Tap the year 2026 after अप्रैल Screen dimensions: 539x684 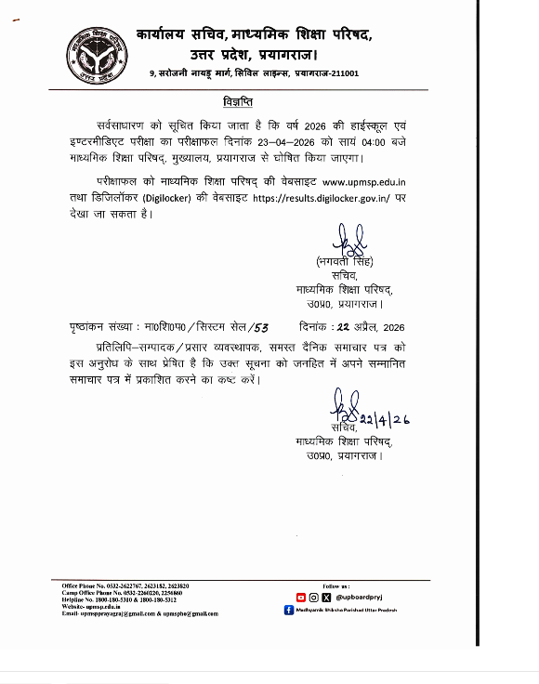[x=394, y=327]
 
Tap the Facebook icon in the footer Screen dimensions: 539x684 [x=289, y=610]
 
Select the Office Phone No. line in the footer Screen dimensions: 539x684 [x=125, y=586]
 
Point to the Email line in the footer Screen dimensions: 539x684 [x=139, y=614]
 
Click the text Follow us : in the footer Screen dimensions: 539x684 [x=335, y=586]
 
